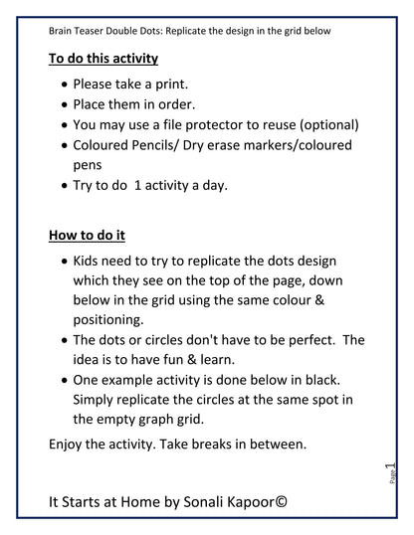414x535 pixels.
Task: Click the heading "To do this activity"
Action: tap(103, 59)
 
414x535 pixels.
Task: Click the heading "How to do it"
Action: tap(87, 236)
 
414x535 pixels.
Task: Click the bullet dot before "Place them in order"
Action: tap(66, 103)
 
